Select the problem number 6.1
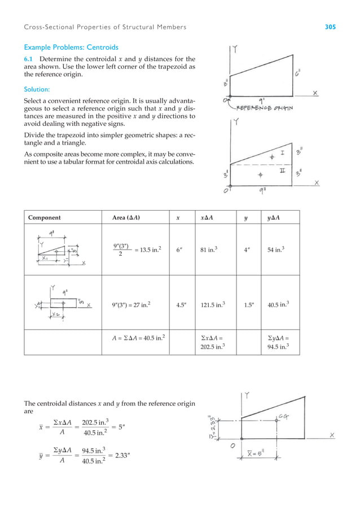click(x=28, y=58)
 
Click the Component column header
click(x=45, y=217)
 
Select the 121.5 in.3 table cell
click(x=215, y=305)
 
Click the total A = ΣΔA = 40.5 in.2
click(x=139, y=338)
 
